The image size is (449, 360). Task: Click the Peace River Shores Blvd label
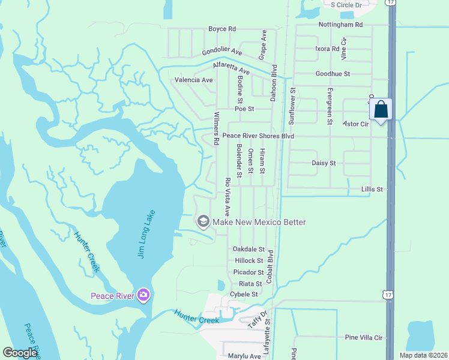(x=258, y=136)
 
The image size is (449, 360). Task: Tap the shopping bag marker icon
(x=381, y=110)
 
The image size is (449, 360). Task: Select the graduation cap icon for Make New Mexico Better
(x=203, y=222)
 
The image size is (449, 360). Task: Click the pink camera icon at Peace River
(x=143, y=295)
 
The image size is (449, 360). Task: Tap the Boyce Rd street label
(x=222, y=29)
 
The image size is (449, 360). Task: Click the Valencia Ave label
(x=193, y=80)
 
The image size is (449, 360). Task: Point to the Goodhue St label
(x=333, y=74)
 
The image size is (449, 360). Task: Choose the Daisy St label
(x=324, y=163)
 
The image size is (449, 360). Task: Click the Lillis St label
(x=372, y=189)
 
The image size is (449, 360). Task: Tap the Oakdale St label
(x=249, y=249)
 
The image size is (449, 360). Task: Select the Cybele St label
(x=244, y=295)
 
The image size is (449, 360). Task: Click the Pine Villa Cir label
(x=364, y=338)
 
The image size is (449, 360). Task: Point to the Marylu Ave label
(x=244, y=356)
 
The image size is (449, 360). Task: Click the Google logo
(x=20, y=353)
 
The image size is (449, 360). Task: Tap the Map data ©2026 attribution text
(x=423, y=355)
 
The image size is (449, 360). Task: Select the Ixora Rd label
(x=327, y=49)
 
